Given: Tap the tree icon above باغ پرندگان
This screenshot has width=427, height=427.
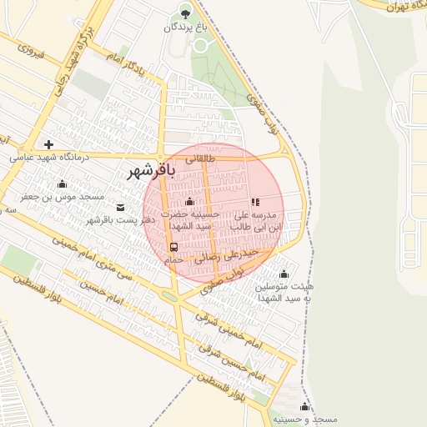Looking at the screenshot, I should (x=185, y=13).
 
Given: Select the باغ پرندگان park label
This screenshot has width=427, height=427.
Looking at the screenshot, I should (x=183, y=28).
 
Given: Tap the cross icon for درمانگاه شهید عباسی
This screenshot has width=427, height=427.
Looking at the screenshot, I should (x=49, y=144).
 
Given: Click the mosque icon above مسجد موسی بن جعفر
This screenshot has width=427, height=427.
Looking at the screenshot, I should (x=62, y=184).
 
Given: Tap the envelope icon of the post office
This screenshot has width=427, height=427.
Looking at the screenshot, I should (x=120, y=207).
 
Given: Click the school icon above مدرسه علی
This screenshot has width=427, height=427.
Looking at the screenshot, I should (x=255, y=202).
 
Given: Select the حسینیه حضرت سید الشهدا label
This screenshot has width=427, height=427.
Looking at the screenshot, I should (x=193, y=219).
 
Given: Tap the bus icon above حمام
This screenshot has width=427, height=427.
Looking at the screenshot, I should (x=173, y=248).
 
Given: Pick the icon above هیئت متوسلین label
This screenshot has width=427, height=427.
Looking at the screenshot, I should (x=284, y=274).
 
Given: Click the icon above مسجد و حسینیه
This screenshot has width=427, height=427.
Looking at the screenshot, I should (x=305, y=407).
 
